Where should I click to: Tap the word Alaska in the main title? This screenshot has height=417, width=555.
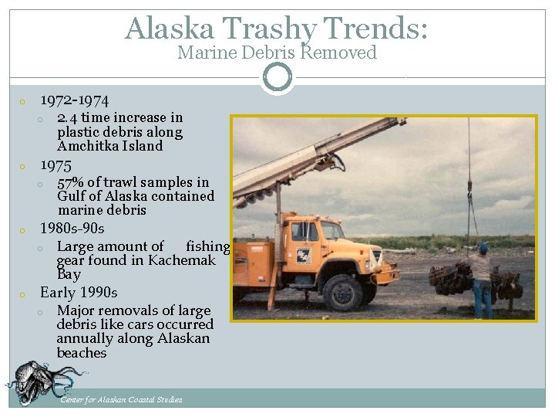pos(170,29)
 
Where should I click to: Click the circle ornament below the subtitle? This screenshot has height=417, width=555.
pos(277,77)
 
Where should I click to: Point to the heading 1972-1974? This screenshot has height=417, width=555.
pos(74,100)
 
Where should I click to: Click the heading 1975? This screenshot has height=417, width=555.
pos(55,165)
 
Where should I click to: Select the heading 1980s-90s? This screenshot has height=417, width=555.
pos(72,229)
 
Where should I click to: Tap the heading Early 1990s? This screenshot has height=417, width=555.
pos(79,293)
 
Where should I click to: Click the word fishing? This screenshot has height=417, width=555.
pos(207,246)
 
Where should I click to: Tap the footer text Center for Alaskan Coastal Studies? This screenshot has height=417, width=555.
pos(121,399)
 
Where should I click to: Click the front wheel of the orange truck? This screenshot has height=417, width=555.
pos(343,292)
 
